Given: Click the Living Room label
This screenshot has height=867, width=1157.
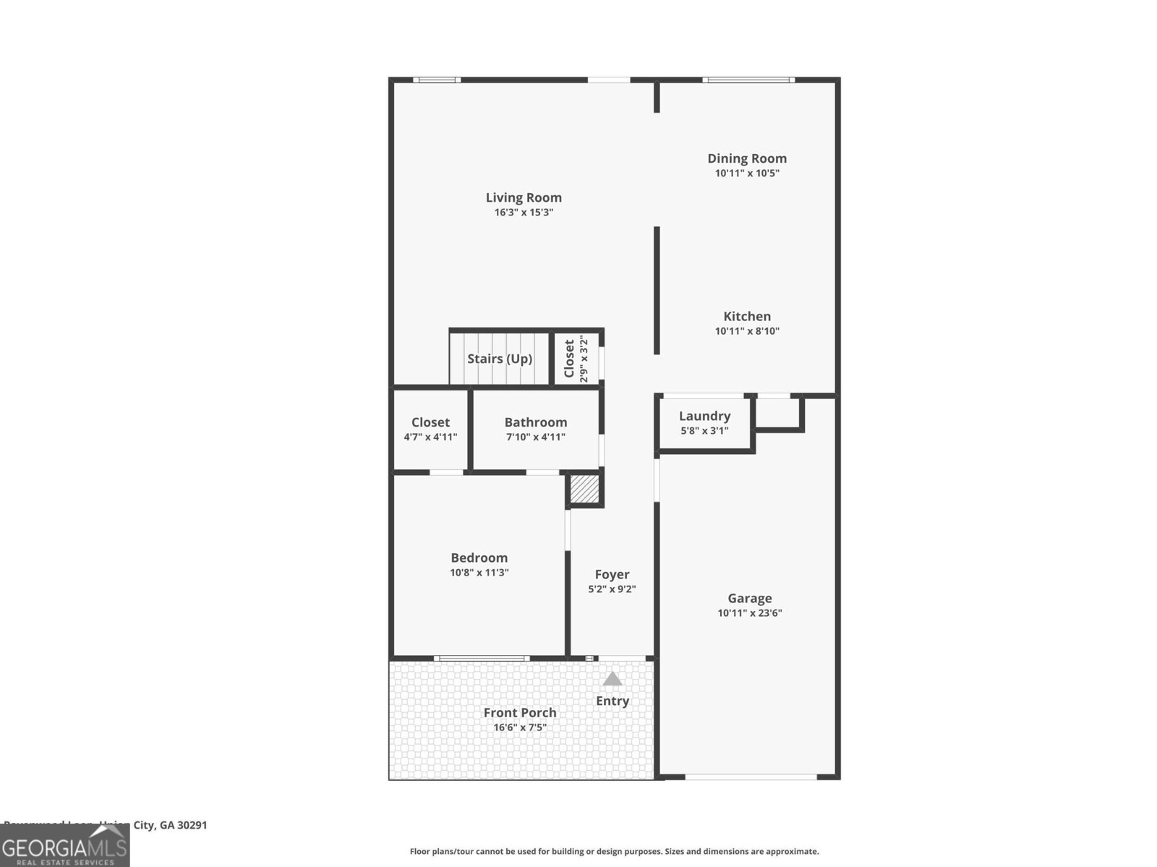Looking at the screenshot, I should coord(524,197).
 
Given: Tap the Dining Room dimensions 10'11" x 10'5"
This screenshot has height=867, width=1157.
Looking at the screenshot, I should coord(747,174).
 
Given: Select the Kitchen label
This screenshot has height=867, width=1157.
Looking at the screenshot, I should coord(747,316).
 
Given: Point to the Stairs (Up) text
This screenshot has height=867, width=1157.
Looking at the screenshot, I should coord(500,359).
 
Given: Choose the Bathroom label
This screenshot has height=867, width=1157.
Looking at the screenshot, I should coord(535,422).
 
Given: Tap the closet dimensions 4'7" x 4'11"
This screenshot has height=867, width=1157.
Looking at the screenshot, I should coord(430,437).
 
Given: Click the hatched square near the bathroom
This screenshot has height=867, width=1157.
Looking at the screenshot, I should coord(584,489).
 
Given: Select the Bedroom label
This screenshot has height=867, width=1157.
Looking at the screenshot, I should coord(479,558).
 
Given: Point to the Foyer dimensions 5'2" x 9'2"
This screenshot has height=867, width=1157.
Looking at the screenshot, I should coord(612,589).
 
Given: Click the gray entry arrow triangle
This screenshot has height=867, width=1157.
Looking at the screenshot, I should coord(612,679).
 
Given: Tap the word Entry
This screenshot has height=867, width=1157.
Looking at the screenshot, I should coord(612,701).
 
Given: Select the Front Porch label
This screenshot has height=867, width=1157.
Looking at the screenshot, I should coord(520,712).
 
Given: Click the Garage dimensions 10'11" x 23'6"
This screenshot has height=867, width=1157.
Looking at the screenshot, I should coord(750,613).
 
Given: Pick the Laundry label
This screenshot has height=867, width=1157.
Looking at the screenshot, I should coord(704,416).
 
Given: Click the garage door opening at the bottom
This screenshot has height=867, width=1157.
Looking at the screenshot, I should coord(750,777).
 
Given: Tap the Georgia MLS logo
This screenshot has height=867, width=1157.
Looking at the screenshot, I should coord(65,846).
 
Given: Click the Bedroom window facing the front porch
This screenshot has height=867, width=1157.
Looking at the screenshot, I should coord(481,658).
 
